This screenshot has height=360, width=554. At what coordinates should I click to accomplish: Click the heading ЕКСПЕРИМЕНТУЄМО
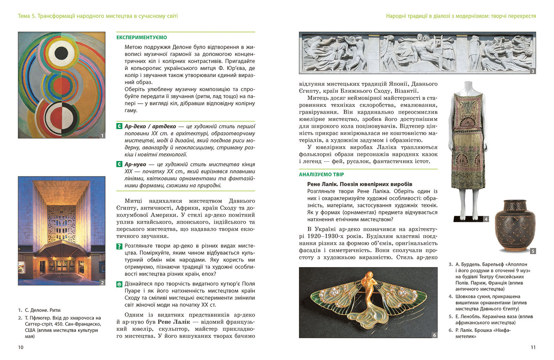141,37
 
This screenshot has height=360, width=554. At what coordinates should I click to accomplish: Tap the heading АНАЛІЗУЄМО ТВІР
321,174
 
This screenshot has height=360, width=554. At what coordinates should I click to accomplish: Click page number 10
20,347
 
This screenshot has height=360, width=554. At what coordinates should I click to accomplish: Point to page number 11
533,347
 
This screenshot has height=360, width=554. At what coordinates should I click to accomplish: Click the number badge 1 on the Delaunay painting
102,135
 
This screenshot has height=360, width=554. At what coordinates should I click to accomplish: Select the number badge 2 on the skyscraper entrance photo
102,282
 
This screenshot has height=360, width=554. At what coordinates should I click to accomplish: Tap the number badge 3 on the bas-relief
533,71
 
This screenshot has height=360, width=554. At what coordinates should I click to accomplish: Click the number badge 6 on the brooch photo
434,335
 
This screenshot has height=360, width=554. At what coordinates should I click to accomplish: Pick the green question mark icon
119,246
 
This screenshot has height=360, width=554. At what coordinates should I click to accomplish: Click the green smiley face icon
119,284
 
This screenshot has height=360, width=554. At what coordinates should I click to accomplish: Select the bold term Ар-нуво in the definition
135,165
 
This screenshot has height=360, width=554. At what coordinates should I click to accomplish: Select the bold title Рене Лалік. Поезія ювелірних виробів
359,184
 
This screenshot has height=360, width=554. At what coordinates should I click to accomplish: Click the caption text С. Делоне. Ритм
43,310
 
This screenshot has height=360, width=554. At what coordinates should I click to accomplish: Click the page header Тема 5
27,16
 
